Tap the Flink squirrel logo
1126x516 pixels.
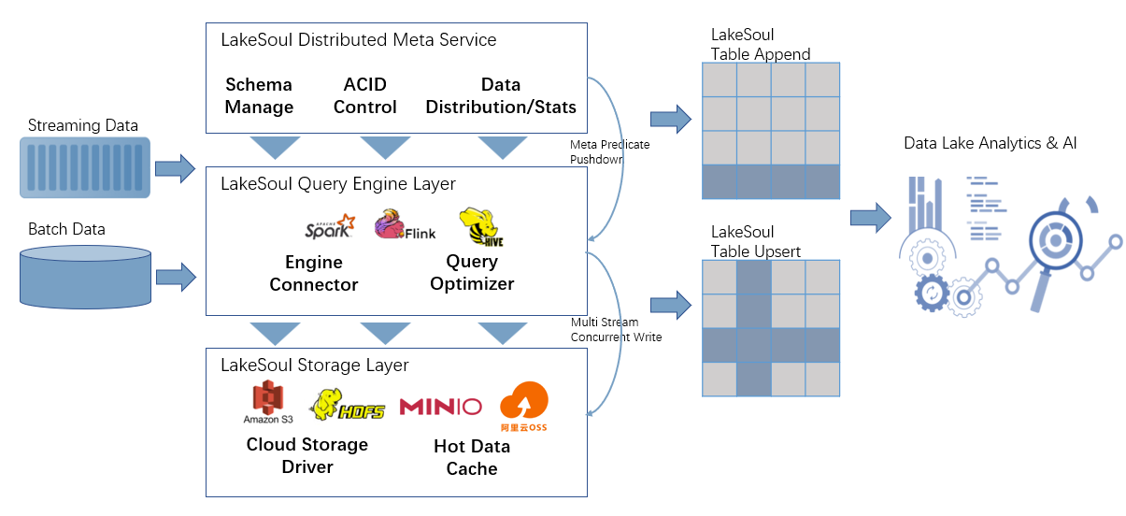(404, 226)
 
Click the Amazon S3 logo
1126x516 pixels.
(267, 403)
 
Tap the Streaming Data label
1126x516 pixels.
(83, 125)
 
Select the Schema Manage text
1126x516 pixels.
(259, 96)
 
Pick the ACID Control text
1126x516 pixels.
(364, 96)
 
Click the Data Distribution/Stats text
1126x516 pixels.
(501, 96)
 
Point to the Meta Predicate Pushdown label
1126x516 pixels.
(609, 152)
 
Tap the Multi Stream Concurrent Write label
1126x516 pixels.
(616, 330)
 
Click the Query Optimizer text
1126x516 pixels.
(472, 272)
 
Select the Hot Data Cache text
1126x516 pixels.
(472, 457)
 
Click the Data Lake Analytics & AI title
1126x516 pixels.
(991, 143)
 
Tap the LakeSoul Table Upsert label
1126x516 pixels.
(755, 241)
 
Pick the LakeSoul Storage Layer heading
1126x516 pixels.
(314, 365)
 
